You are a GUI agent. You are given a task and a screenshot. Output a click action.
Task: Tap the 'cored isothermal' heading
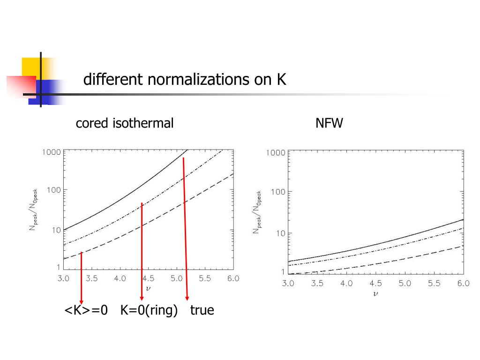coord(125,123)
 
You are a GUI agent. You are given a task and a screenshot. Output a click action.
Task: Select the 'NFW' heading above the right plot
coord(330,123)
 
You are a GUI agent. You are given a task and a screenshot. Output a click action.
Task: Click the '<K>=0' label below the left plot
coord(86,310)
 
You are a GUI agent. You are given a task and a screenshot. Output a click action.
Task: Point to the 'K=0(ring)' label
coord(149,310)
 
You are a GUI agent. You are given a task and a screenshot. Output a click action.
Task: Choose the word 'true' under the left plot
coord(202,310)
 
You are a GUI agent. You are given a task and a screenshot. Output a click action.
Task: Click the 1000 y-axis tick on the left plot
coord(52,152)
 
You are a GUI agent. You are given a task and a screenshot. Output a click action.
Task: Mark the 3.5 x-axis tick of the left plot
coord(92,278)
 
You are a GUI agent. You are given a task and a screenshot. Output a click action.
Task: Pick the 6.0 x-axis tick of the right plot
coord(463,284)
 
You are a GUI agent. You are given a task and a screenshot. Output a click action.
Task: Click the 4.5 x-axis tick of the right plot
coord(375,284)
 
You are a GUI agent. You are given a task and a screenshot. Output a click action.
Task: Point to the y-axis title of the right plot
coord(257,212)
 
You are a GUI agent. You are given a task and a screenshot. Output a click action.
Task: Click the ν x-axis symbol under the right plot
coord(375,294)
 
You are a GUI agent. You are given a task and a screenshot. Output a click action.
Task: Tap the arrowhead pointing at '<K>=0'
coord(82,301)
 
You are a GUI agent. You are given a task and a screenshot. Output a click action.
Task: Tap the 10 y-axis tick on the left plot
coord(56,230)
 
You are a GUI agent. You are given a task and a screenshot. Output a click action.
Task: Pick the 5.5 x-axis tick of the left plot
coord(205,278)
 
